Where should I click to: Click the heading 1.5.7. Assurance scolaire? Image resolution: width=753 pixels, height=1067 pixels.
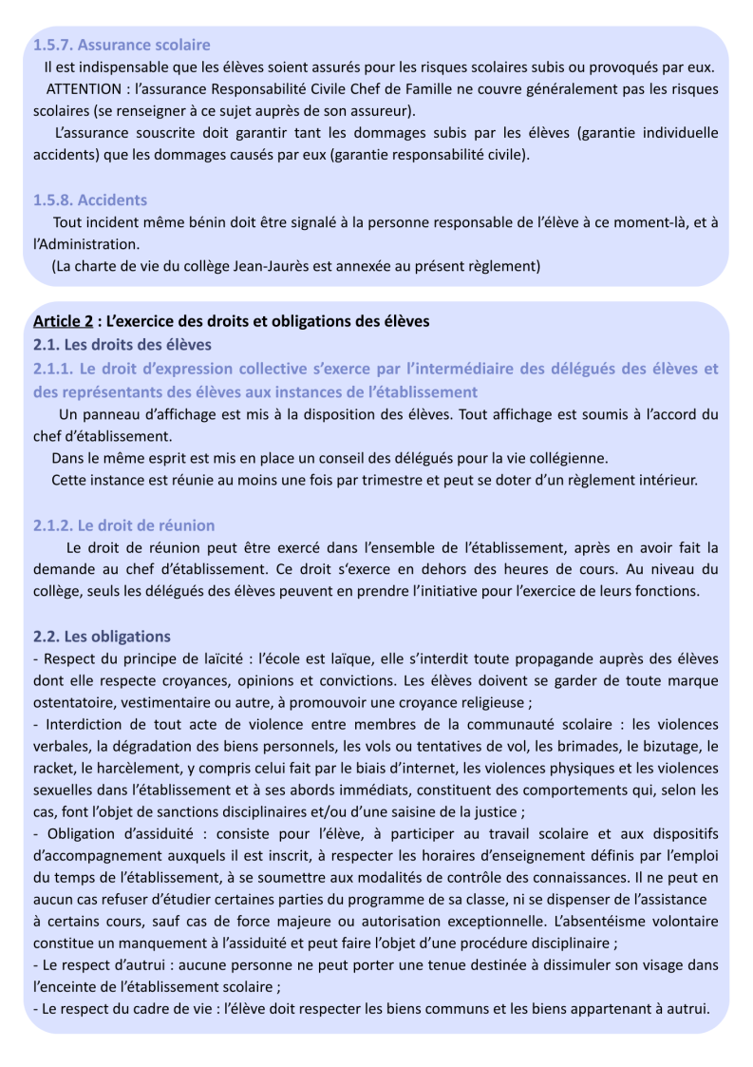point(122,45)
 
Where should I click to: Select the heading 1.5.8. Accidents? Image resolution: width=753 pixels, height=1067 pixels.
point(90,200)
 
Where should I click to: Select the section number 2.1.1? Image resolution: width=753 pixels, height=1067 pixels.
point(54,368)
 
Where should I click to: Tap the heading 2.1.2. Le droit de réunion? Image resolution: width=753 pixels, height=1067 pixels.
point(123,525)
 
